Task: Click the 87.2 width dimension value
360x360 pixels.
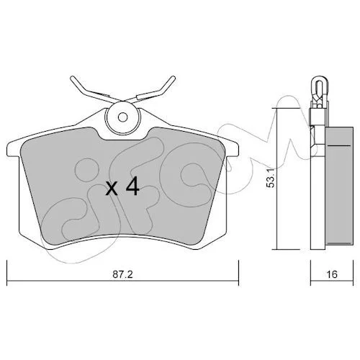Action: pos(122,274)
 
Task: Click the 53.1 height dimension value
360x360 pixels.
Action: pos(271,179)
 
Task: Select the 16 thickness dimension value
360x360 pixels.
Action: pos(332,274)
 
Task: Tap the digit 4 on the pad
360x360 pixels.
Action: pos(132,186)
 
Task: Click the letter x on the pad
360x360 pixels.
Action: pos(112,189)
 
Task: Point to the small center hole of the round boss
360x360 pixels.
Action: pos(123,117)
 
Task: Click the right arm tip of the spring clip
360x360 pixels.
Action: pos(173,78)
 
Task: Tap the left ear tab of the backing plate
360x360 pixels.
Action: pos(13,149)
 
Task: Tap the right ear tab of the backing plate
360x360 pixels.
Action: pos(233,149)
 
